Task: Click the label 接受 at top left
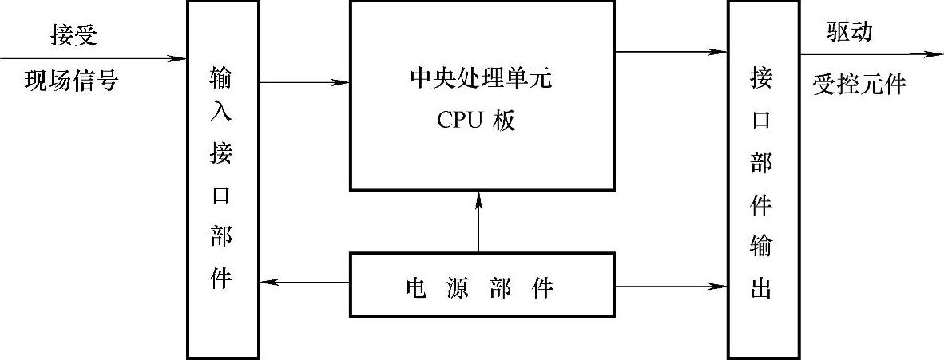coord(77,34)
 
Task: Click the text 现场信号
coord(77,81)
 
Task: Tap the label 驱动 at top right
coord(850,32)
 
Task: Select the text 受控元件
coord(859,83)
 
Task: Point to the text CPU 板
coord(477,120)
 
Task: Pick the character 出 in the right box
coord(761,286)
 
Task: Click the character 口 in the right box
coord(761,121)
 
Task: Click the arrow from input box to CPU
coord(303,81)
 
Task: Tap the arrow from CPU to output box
coord(671,53)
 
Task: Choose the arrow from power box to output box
coord(671,284)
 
